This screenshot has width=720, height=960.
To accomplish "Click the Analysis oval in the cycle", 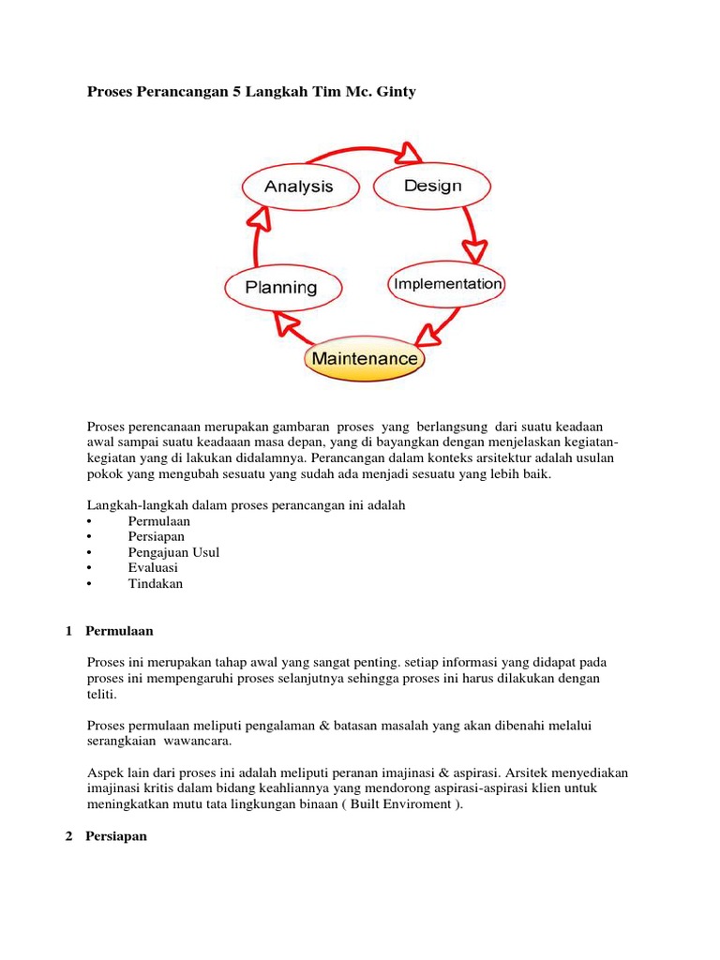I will [299, 186].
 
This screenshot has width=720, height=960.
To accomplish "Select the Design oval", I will [432, 186].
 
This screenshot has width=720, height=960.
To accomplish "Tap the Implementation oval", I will [447, 283].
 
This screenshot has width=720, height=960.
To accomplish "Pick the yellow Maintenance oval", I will [365, 358].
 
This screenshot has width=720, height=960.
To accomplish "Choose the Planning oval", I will [281, 287].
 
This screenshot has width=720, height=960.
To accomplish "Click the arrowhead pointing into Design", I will [410, 152].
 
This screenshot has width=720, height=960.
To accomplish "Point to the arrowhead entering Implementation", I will [475, 250].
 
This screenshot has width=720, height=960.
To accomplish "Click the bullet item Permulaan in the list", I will [159, 520].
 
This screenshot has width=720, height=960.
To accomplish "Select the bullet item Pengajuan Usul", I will [173, 552].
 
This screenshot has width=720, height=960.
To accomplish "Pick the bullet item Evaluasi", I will [153, 567].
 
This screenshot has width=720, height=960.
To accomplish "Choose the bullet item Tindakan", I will [156, 583].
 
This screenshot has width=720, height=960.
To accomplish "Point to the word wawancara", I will [198, 741].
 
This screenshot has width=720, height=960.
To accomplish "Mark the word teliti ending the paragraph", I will [102, 694].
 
